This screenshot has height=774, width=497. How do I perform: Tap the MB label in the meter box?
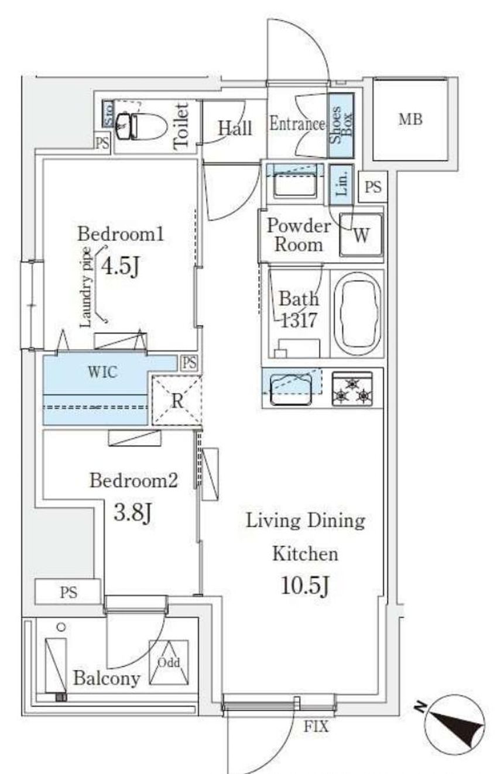point(410,119)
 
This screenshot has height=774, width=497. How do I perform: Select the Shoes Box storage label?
point(341,125)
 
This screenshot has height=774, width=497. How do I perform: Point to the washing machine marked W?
point(361,235)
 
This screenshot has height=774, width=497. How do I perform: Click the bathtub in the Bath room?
point(357,314)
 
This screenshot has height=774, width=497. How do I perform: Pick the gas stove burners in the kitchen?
point(352,388)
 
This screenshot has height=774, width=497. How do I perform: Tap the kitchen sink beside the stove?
point(291,389)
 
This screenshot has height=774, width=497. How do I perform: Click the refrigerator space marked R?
point(177,401)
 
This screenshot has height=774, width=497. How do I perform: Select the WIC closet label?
point(102,372)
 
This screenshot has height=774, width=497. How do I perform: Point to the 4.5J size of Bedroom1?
point(121,267)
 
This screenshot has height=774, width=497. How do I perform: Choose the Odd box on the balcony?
point(169,662)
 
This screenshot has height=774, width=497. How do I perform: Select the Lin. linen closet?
point(341,185)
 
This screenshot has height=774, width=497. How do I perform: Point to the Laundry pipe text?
point(85,287)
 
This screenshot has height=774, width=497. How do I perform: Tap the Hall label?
point(235,129)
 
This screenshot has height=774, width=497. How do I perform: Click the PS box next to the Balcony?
point(68,592)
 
